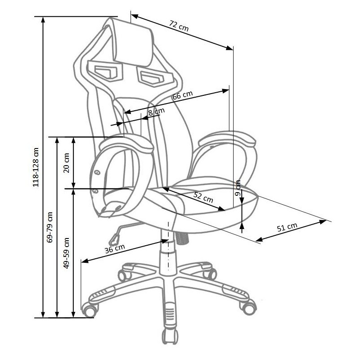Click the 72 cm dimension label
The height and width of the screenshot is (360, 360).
(179, 26)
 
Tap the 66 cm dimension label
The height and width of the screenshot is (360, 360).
(183, 95)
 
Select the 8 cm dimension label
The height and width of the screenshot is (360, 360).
(156, 112)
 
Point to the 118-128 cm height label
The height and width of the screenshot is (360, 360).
(36, 167)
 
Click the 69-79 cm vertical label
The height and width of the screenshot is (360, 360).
(49, 227)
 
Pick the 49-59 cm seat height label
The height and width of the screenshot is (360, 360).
(66, 253)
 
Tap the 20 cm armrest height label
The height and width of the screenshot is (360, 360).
(66, 163)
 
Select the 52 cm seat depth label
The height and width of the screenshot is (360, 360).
(203, 198)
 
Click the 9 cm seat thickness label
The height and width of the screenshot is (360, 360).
(238, 188)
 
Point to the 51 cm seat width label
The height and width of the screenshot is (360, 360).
(287, 227)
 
